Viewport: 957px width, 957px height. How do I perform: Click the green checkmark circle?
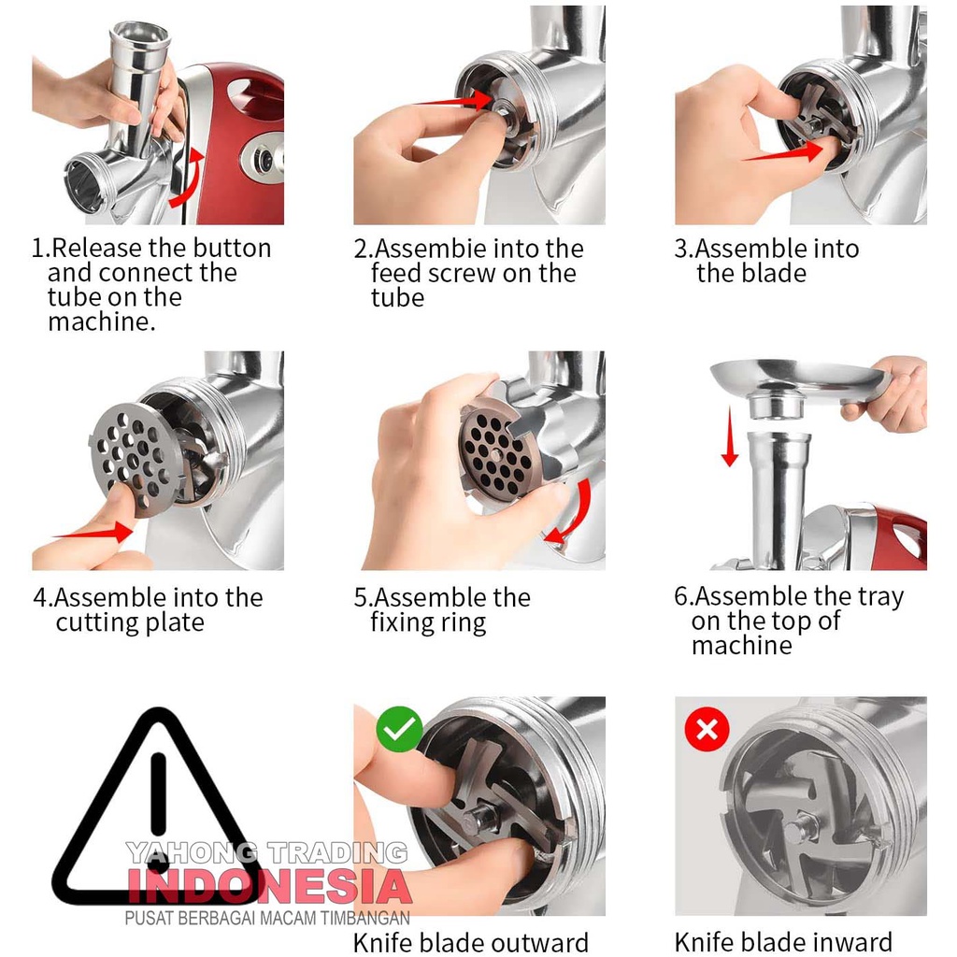click(x=399, y=729)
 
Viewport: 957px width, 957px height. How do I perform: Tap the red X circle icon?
click(x=707, y=729)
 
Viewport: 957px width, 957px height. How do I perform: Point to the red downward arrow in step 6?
click(x=729, y=437)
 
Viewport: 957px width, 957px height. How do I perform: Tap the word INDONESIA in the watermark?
click(x=269, y=887)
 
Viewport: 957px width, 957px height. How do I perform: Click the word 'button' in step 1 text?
click(x=235, y=249)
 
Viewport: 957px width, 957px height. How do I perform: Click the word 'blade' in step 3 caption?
click(x=776, y=273)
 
